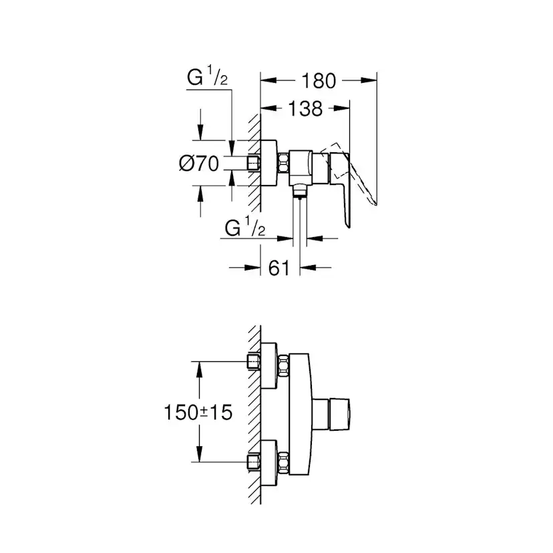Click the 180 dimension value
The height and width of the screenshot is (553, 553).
point(318,81)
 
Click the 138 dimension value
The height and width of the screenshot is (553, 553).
point(305,108)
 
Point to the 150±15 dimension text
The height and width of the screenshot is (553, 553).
point(198,413)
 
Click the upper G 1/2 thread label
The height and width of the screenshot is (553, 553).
point(207,78)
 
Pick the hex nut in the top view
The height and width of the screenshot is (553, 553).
point(284,163)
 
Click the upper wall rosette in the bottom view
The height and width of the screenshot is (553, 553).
point(268,364)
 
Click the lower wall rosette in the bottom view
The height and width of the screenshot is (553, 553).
point(268,462)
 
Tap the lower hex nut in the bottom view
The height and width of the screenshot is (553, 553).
point(284,462)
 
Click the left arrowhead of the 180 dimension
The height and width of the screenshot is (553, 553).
point(265,81)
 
